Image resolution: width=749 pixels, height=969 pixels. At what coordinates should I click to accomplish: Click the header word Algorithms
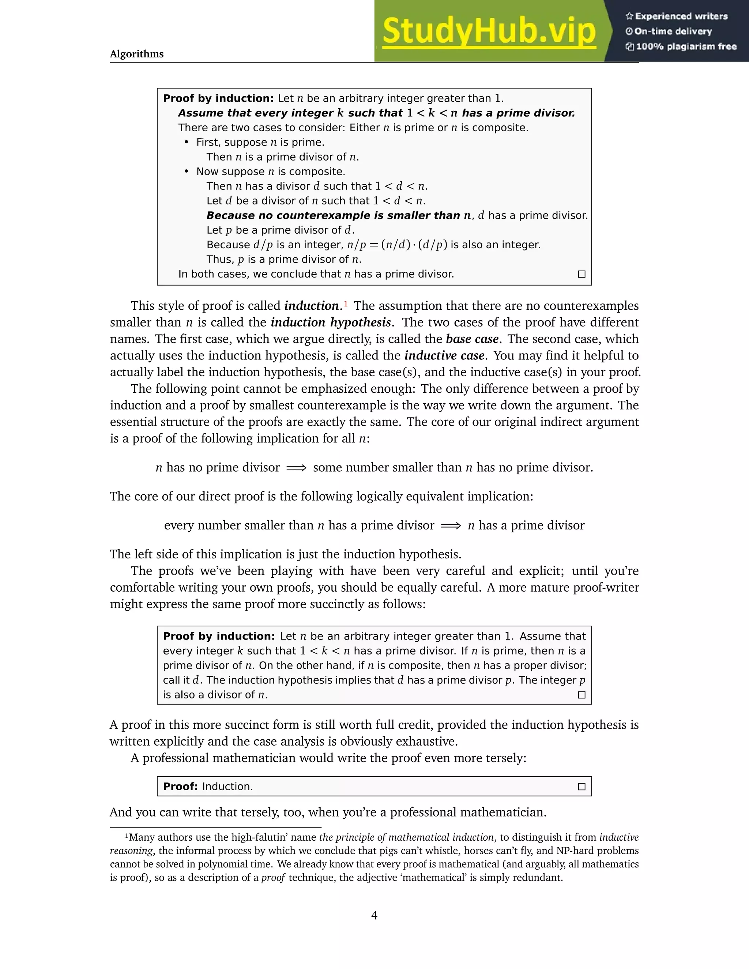click(x=137, y=54)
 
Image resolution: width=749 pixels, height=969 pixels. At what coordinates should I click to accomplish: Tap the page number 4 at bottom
click(x=374, y=915)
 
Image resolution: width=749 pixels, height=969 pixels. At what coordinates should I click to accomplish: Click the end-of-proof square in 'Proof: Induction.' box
click(x=581, y=787)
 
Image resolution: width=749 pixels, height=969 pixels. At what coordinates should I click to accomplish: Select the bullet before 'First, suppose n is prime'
click(x=187, y=142)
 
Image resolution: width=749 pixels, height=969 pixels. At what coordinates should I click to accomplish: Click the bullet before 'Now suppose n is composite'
click(x=187, y=172)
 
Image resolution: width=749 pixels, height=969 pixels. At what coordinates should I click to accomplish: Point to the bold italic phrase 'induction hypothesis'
click(x=331, y=322)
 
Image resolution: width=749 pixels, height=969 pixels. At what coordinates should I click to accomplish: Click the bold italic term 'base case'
click(x=472, y=339)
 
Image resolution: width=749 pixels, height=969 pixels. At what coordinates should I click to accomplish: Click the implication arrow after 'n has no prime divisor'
click(x=296, y=468)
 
